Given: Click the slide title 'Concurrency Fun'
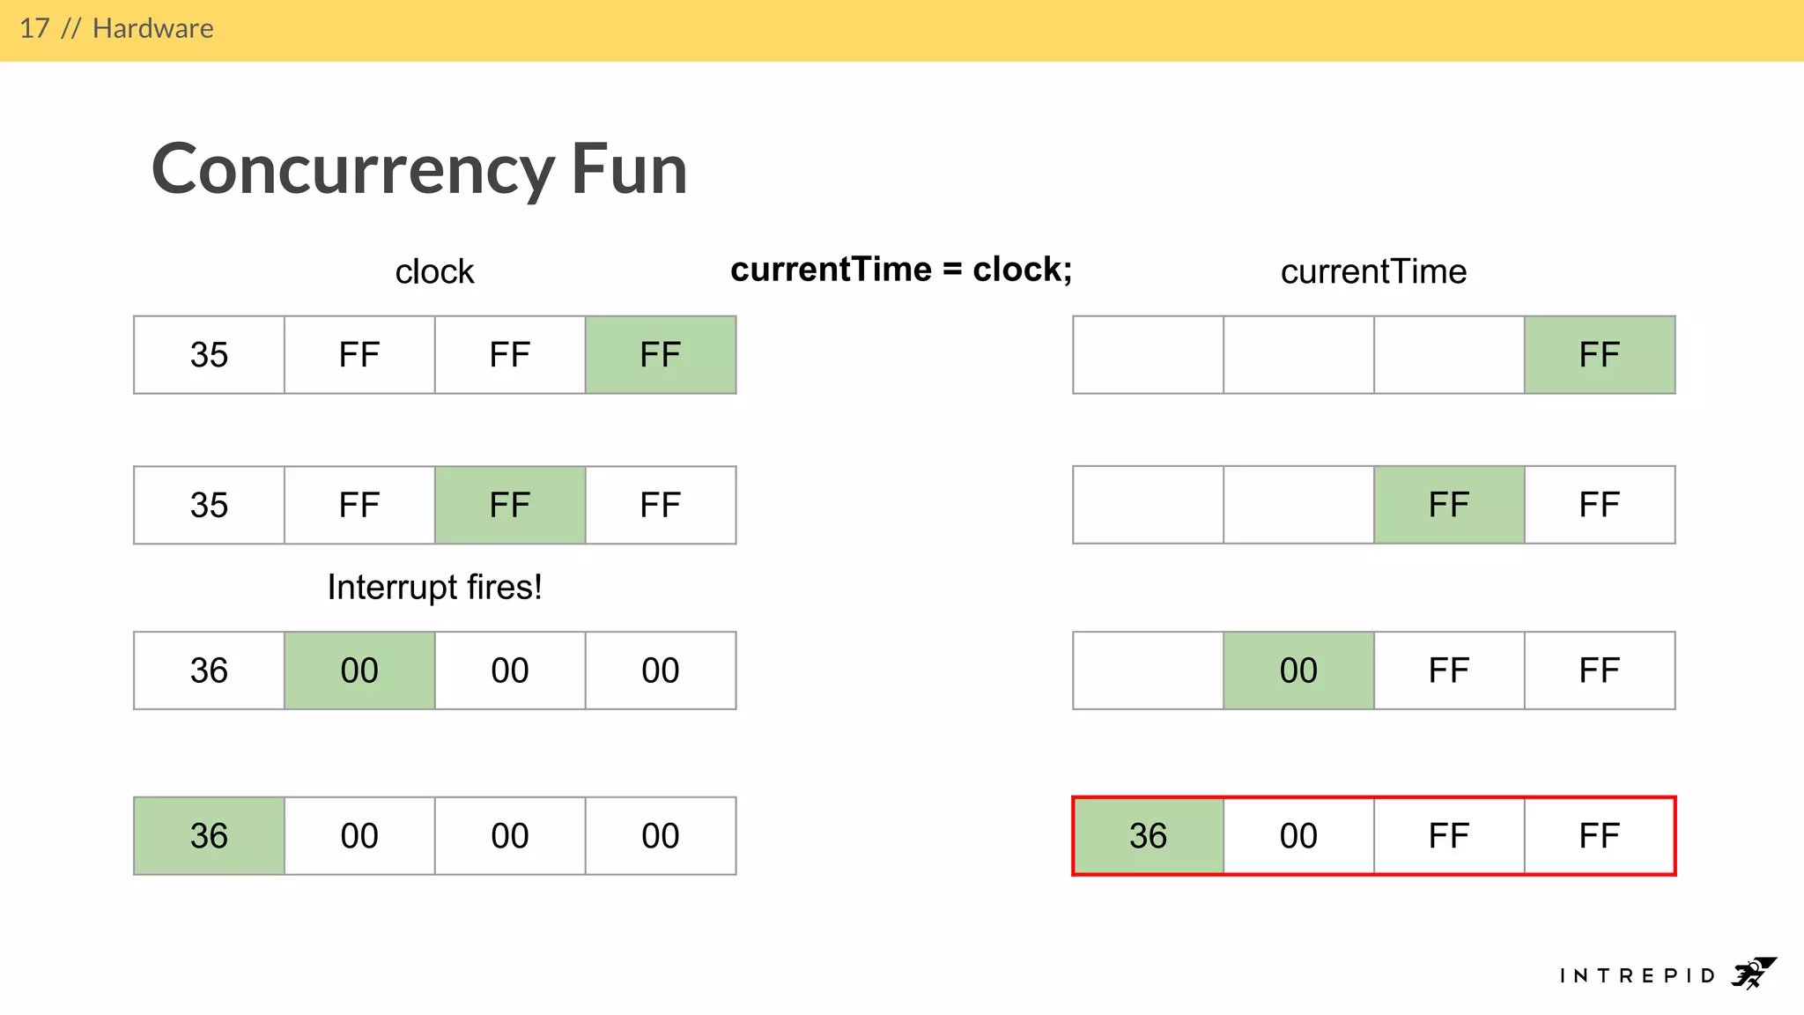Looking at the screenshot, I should (419, 169).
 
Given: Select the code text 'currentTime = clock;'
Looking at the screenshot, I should (901, 270).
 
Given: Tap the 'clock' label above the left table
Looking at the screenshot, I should (434, 271).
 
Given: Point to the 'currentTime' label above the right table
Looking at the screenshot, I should (1373, 271).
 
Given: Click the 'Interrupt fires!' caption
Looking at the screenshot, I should (434, 587).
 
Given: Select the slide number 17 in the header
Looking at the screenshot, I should (34, 28).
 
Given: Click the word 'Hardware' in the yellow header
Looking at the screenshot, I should (153, 28).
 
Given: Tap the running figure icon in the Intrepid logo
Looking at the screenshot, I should (1753, 974).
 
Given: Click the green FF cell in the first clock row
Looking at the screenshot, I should (661, 355).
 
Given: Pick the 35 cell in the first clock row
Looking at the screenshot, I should (209, 355).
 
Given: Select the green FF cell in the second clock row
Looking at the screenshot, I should (510, 505).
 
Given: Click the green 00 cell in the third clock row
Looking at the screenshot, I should (359, 670).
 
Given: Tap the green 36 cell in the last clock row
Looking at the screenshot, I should (209, 836).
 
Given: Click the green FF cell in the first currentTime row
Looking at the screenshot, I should (1600, 355).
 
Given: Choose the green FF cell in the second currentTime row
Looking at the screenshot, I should (1449, 505).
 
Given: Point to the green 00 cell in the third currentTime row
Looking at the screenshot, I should (1298, 670).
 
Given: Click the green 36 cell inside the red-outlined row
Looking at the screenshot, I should (1149, 836).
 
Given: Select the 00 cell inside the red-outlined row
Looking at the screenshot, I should (1298, 836).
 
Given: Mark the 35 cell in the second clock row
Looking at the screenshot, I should (209, 505).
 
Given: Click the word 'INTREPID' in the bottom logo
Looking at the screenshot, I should (1638, 975).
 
